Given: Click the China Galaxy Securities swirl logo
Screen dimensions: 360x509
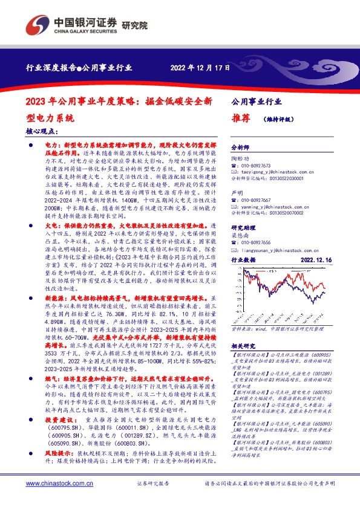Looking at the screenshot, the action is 37,25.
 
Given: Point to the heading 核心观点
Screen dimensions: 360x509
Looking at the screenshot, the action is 42,130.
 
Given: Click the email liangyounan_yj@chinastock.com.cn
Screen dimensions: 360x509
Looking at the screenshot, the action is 278,247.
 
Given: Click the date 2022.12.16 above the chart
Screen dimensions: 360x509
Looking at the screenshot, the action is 309,259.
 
